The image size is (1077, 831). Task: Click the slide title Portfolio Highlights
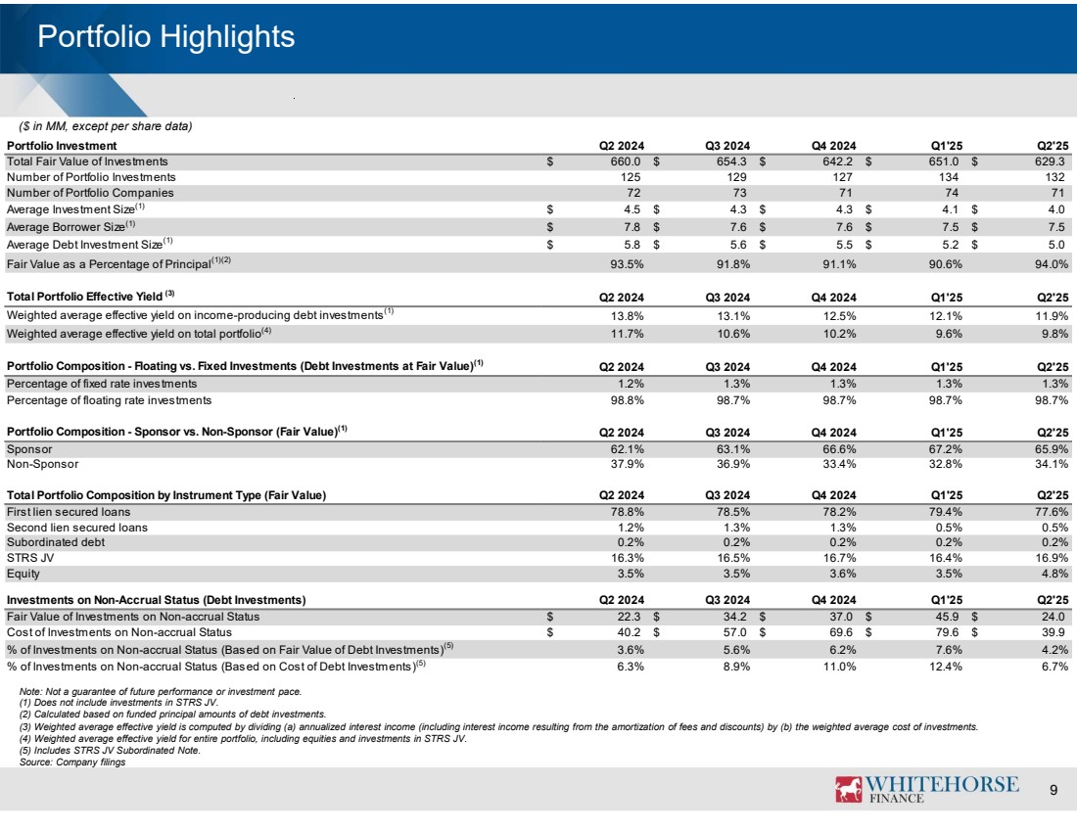pos(165,37)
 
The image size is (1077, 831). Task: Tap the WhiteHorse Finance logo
pos(925,789)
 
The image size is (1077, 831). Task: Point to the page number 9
pos(1053,791)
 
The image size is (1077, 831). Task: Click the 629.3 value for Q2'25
pos(1051,161)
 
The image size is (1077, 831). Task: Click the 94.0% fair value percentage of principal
pos(1049,262)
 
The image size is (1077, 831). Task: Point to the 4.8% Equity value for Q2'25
pos(1052,573)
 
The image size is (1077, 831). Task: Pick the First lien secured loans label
pos(69,511)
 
